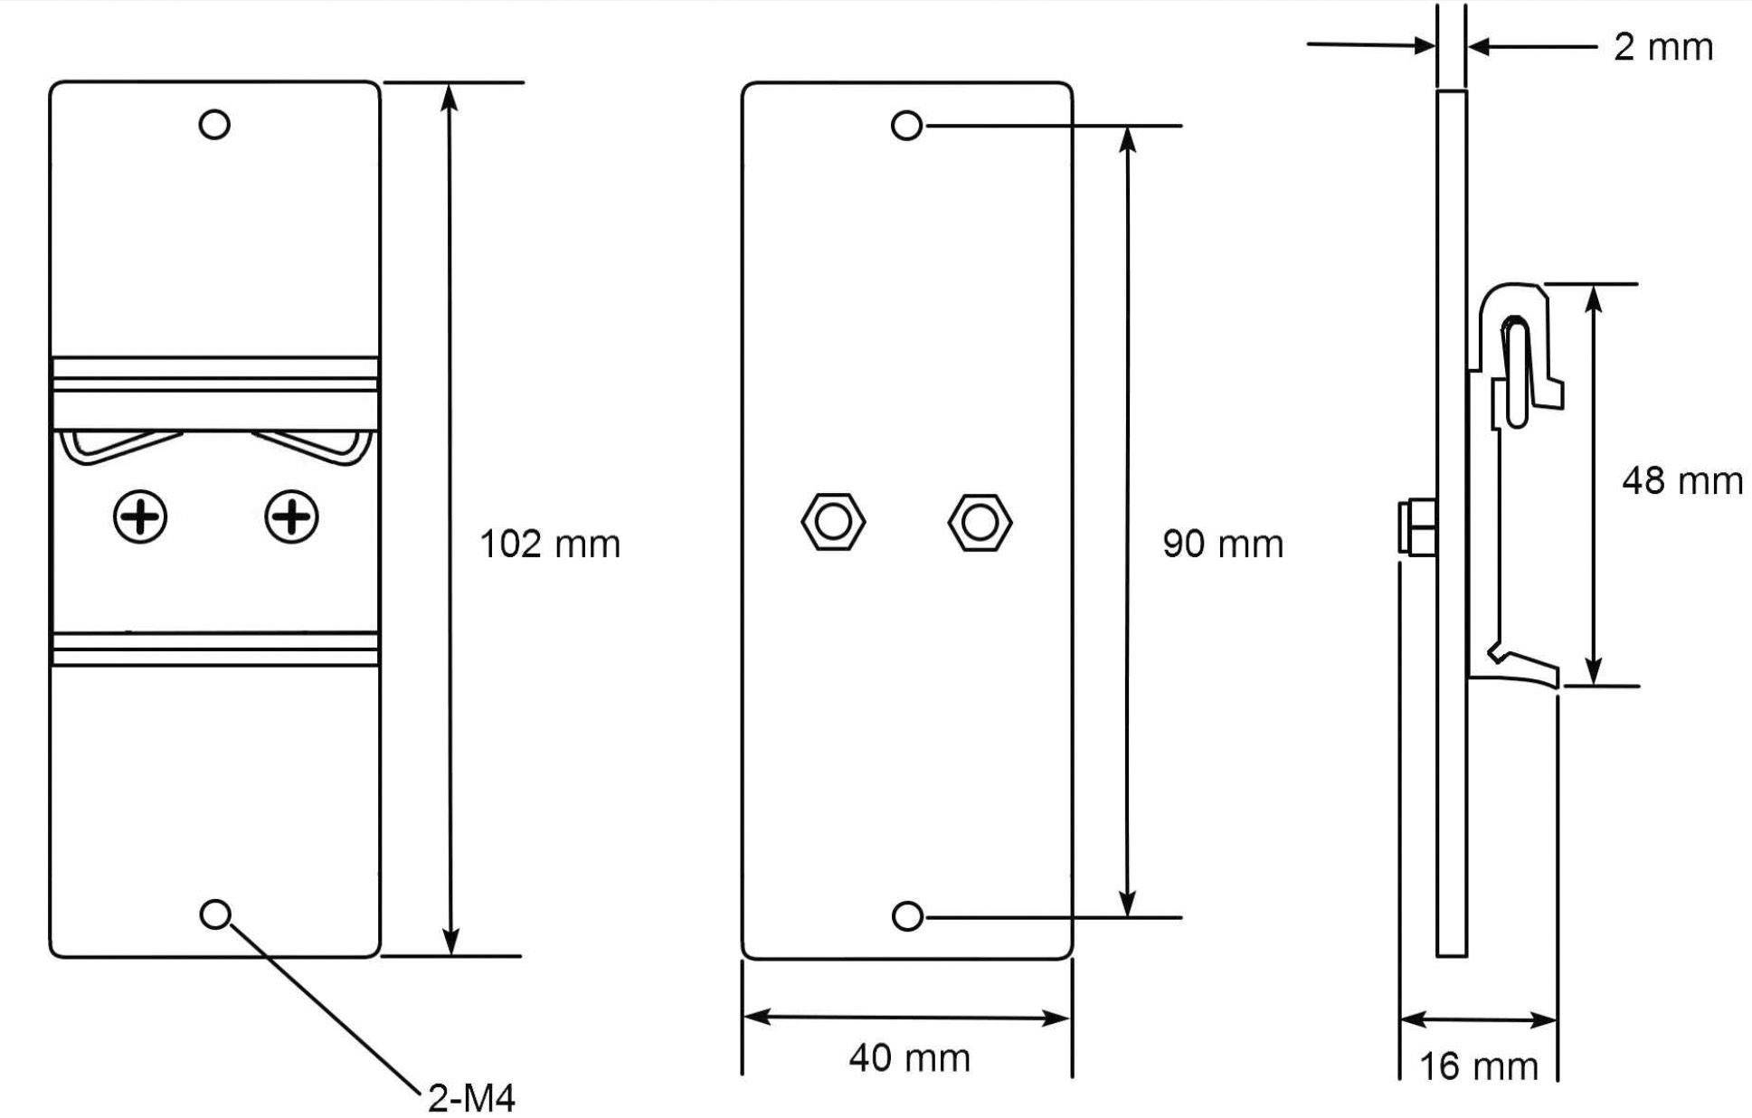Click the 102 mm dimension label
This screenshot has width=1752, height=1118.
pyautogui.click(x=549, y=545)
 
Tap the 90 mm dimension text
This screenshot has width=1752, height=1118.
pyautogui.click(x=1222, y=545)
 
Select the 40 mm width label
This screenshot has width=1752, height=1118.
pyautogui.click(x=909, y=1057)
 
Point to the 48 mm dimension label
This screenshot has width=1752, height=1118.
pyautogui.click(x=1681, y=481)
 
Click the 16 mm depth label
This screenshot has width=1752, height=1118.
pyautogui.click(x=1478, y=1067)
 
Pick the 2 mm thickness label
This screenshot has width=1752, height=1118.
pyautogui.click(x=1662, y=47)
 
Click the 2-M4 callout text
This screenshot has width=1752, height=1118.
pyautogui.click(x=471, y=1098)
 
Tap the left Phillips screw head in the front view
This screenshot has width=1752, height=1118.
pyautogui.click(x=140, y=517)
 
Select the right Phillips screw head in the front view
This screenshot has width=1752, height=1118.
pyautogui.click(x=291, y=517)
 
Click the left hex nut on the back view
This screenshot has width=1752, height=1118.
pyautogui.click(x=833, y=522)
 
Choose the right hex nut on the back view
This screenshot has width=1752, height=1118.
pyautogui.click(x=980, y=522)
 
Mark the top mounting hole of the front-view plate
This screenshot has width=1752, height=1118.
pyautogui.click(x=214, y=124)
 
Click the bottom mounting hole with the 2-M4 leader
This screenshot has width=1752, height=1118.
pyautogui.click(x=214, y=914)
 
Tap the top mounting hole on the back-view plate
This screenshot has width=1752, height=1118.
pyautogui.click(x=906, y=126)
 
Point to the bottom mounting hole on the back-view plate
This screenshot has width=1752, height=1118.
pyautogui.click(x=906, y=916)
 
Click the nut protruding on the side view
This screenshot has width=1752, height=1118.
pyautogui.click(x=1416, y=526)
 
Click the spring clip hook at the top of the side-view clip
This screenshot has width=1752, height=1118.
pyautogui.click(x=1512, y=326)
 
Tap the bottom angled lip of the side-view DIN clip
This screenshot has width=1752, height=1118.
pyautogui.click(x=1529, y=668)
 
